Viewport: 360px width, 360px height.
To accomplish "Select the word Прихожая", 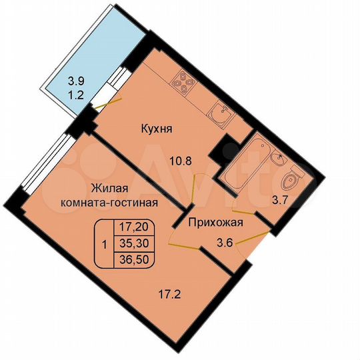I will [x=214, y=224].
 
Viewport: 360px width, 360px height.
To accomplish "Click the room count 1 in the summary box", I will [x=103, y=243].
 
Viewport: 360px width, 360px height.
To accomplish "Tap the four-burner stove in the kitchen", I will [x=183, y=83].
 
